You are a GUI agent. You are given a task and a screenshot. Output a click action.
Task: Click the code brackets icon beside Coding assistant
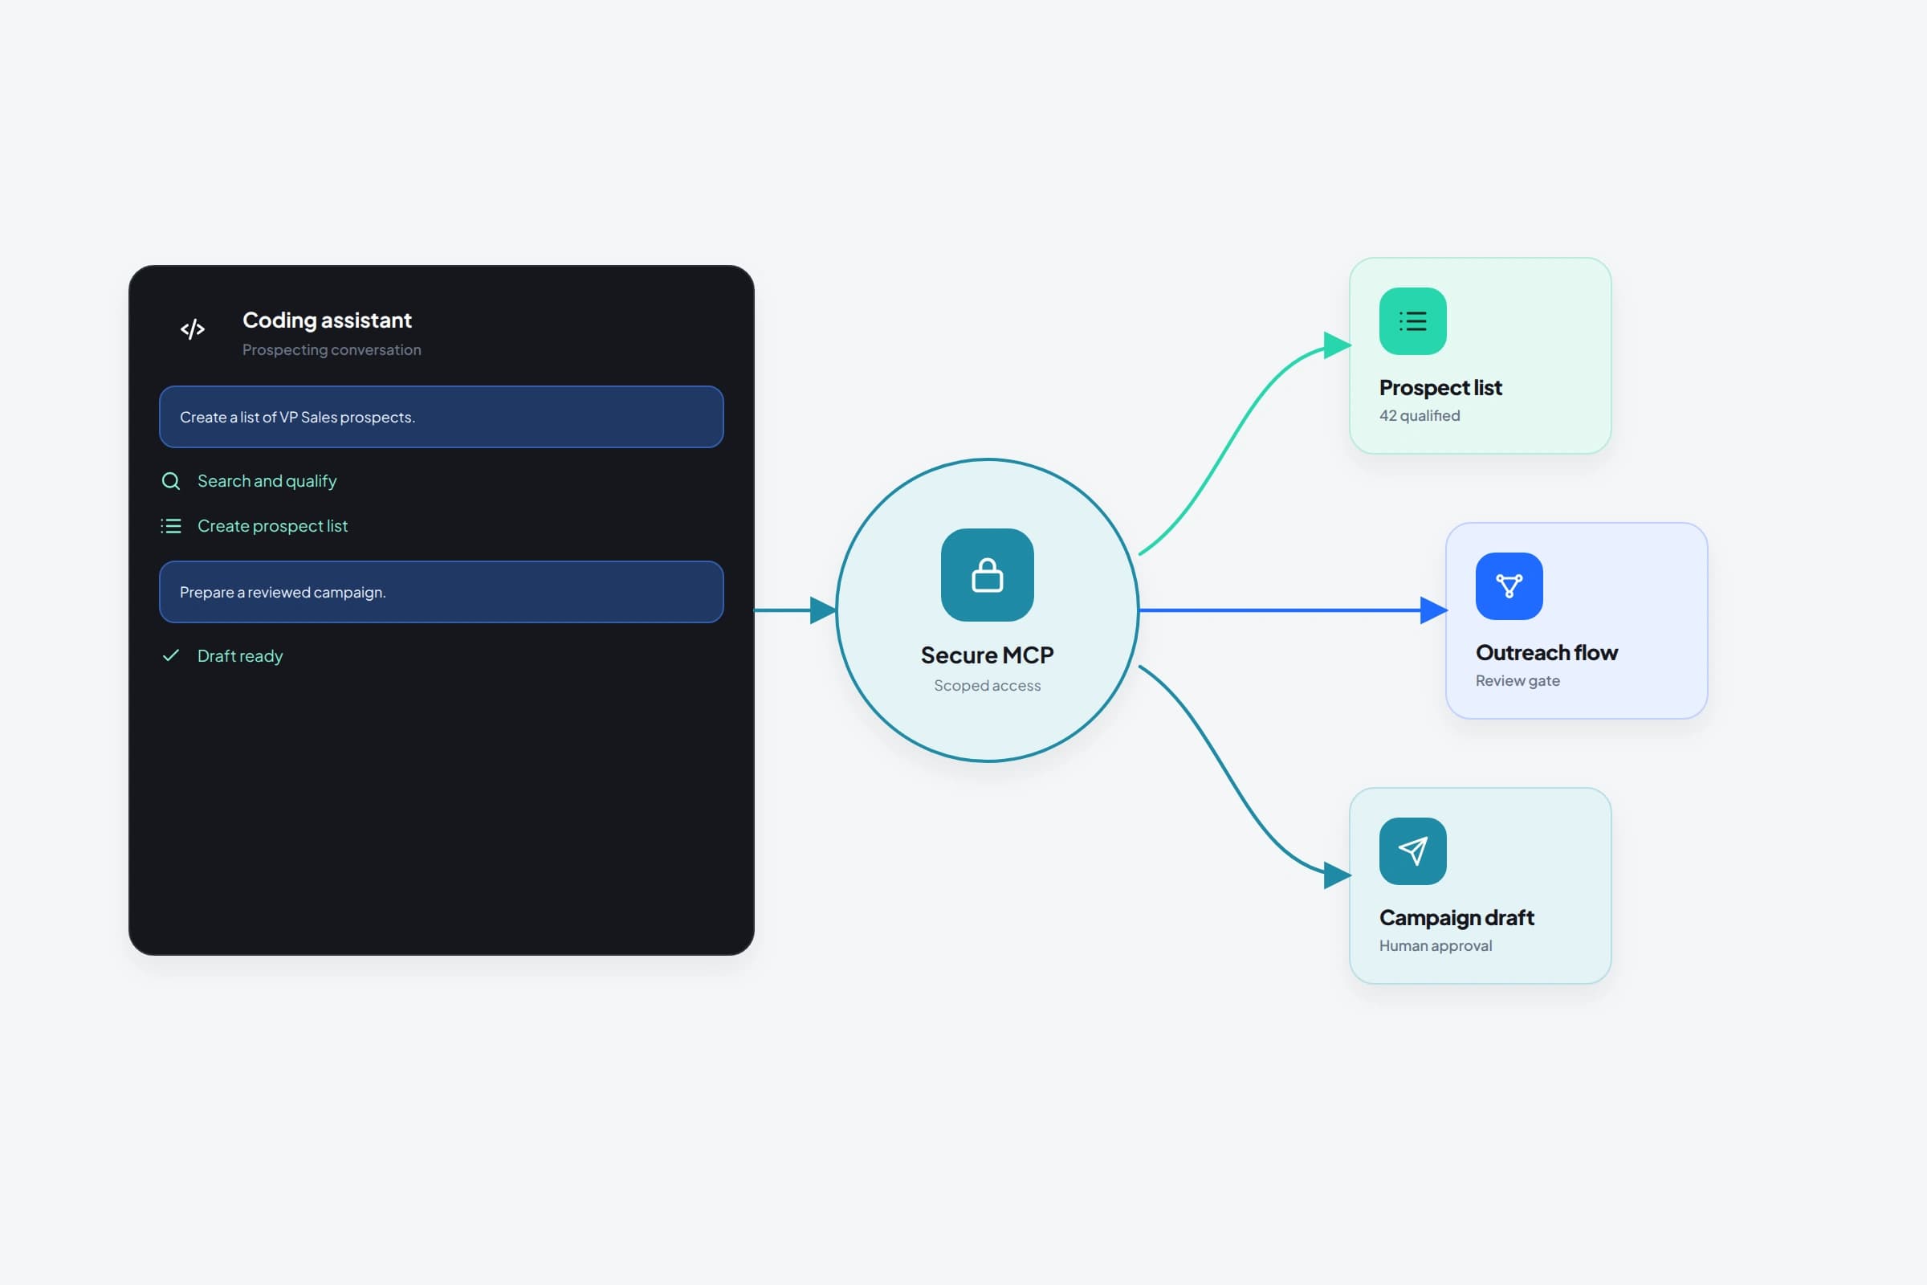(193, 329)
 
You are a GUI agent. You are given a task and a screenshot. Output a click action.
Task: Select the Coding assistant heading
(327, 320)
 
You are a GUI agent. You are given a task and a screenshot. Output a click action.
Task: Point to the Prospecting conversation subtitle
(332, 350)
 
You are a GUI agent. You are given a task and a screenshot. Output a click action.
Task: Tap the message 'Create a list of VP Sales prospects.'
(441, 417)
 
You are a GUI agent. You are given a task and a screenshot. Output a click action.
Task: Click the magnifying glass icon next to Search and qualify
(170, 481)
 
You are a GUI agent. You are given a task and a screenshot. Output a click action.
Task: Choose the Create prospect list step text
(273, 526)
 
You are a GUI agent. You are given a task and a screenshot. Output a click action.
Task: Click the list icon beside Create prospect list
(170, 526)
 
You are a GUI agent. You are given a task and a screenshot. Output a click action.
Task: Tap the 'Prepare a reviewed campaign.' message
(441, 592)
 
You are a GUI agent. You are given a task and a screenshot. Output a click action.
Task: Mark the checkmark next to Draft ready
(170, 655)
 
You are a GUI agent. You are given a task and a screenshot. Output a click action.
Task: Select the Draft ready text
(240, 656)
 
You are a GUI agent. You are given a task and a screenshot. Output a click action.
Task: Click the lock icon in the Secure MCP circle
(988, 575)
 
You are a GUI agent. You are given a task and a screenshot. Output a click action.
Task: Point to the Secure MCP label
(988, 655)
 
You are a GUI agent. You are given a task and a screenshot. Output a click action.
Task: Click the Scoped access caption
(988, 686)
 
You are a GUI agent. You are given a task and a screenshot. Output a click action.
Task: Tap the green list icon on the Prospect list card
(1412, 321)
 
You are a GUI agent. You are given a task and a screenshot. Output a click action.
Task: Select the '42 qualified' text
(1420, 415)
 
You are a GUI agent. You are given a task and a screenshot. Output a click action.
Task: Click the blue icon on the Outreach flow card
(1509, 587)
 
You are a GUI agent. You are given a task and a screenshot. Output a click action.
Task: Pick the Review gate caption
(1518, 681)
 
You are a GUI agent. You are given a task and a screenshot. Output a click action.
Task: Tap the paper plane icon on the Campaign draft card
(1412, 851)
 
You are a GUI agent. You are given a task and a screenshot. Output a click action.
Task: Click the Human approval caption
(1436, 946)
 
